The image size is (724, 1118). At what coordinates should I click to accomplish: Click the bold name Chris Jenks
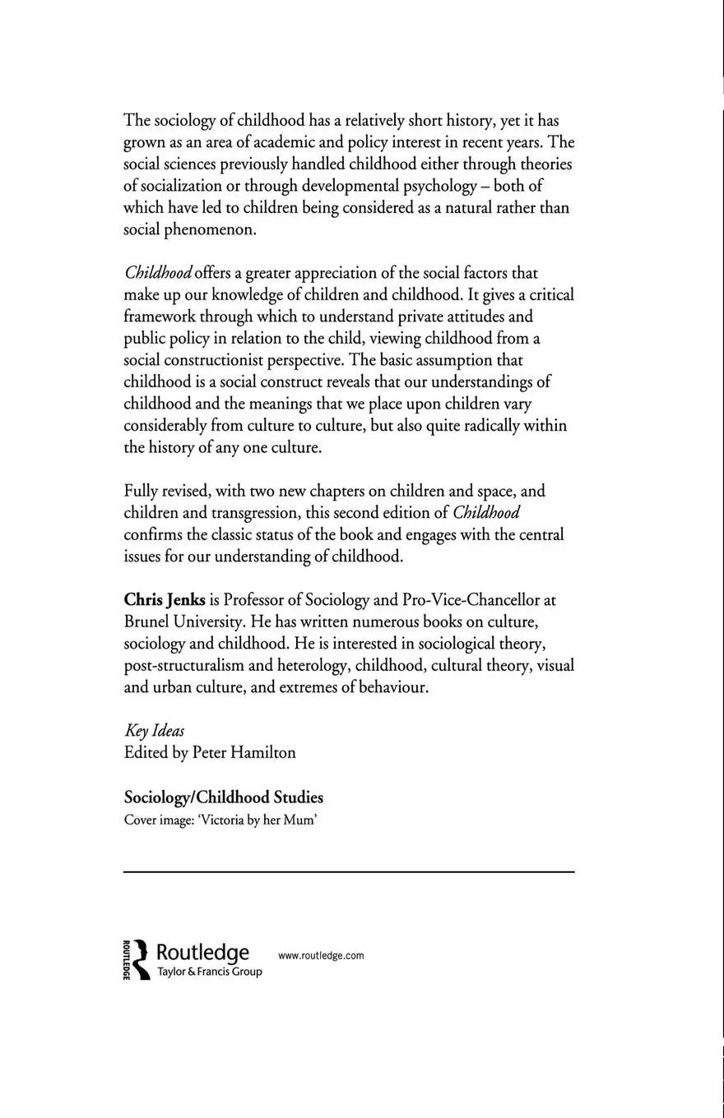coord(165,600)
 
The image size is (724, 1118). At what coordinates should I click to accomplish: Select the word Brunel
coord(147,621)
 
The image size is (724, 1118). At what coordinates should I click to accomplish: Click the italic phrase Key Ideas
coord(154,731)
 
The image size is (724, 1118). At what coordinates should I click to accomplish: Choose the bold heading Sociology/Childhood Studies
coord(223,797)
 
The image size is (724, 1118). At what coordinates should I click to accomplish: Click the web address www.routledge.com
coord(321,955)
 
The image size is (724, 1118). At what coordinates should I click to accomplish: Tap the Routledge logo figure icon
coord(141,959)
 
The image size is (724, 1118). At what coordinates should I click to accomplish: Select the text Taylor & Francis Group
coord(209,972)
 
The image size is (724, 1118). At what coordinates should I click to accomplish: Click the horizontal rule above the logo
coord(349,871)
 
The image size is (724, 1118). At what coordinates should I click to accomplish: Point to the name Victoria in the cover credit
coord(221,820)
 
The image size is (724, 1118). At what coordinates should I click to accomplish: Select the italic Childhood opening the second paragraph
coord(158,273)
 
